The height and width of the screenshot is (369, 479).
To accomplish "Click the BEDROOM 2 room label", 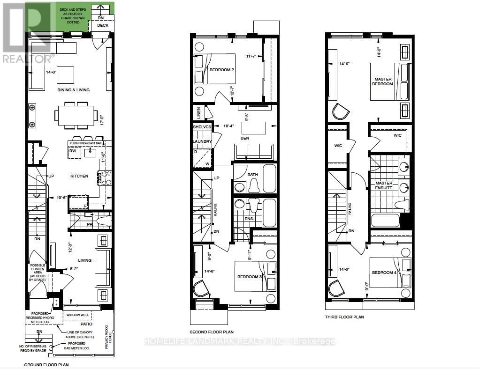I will click(x=222, y=70).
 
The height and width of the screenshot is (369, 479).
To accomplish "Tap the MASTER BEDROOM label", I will click(x=383, y=81).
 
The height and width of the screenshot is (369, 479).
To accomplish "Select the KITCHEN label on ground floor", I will click(x=79, y=176).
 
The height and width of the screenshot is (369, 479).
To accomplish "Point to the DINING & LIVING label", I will click(x=73, y=90).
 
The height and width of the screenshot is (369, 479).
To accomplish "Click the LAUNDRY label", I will click(x=202, y=141).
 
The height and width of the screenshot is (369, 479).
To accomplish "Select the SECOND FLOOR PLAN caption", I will click(x=212, y=332).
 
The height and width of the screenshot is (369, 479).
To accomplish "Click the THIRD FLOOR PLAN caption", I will click(x=345, y=317).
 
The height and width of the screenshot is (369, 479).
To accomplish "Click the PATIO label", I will click(x=86, y=324).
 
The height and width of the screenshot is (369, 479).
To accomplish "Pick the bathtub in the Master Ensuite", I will click(x=385, y=221).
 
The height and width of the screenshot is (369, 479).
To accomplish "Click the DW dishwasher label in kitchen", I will click(x=72, y=151).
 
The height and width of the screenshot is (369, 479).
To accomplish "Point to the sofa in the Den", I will click(x=253, y=152).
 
